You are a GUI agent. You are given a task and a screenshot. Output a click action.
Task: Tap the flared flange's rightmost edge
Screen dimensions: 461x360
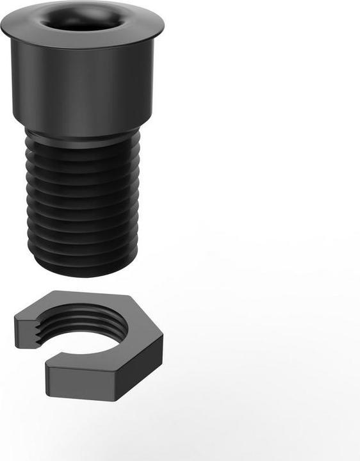pyautogui.click(x=163, y=26)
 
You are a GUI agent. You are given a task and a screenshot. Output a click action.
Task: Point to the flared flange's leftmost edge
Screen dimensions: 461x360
pyautogui.click(x=2, y=26)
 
